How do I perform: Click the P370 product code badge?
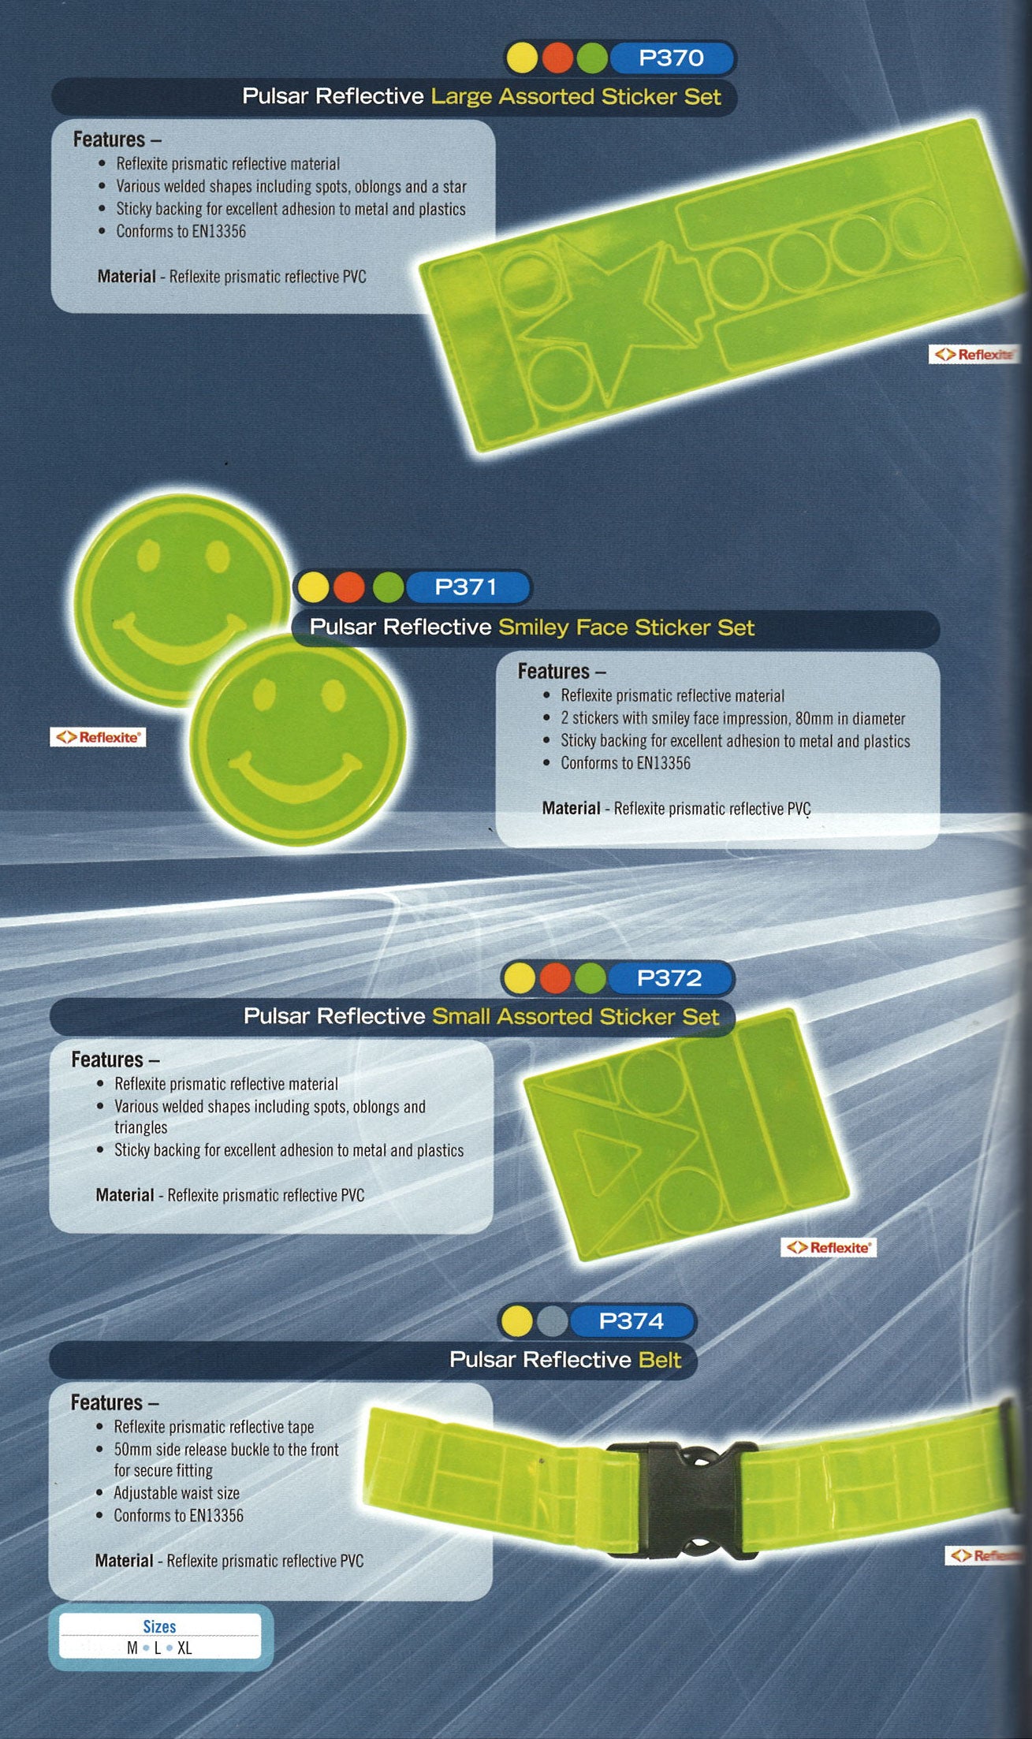point(671,58)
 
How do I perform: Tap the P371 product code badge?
point(466,587)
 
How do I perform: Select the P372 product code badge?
point(669,978)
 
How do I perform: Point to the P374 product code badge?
point(631,1321)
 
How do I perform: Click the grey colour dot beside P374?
point(552,1321)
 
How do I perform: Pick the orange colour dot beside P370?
point(557,58)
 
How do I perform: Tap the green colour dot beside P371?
point(388,587)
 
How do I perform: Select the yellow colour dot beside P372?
point(520,978)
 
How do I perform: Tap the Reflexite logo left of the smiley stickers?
point(98,737)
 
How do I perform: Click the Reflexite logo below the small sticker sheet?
point(829,1247)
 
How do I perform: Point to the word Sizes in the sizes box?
point(159,1626)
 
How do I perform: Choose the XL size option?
point(184,1648)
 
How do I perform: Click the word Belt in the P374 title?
point(660,1359)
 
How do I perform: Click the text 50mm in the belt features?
point(132,1449)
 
